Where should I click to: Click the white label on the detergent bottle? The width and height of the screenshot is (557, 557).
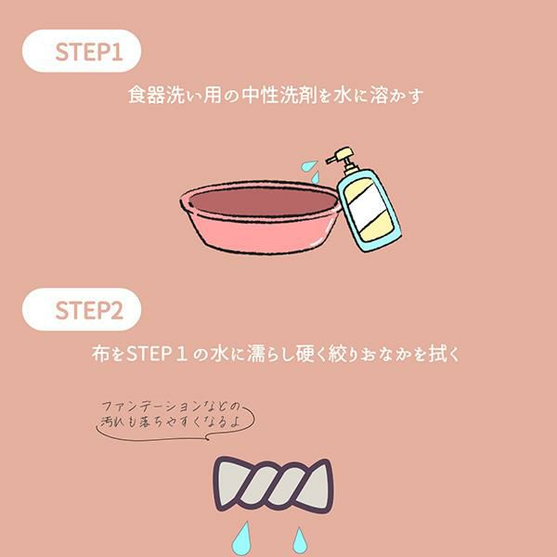click(x=368, y=206)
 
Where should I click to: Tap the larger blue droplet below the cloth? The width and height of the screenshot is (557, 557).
click(x=242, y=539)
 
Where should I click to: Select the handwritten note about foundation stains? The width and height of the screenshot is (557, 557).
click(x=171, y=415)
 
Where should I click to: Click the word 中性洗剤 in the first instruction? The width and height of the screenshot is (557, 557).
click(x=279, y=96)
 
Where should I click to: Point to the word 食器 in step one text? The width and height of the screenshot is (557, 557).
click(x=147, y=96)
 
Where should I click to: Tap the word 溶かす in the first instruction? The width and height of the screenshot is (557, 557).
click(x=396, y=96)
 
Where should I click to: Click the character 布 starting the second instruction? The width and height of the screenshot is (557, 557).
click(x=101, y=354)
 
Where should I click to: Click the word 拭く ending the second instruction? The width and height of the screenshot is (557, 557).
click(x=445, y=354)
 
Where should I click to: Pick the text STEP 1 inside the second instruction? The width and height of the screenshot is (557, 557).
click(x=157, y=354)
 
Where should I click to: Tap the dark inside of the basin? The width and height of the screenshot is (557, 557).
click(x=263, y=201)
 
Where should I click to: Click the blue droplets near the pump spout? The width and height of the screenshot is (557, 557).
click(x=311, y=172)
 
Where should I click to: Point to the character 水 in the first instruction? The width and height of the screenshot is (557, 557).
click(x=343, y=96)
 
